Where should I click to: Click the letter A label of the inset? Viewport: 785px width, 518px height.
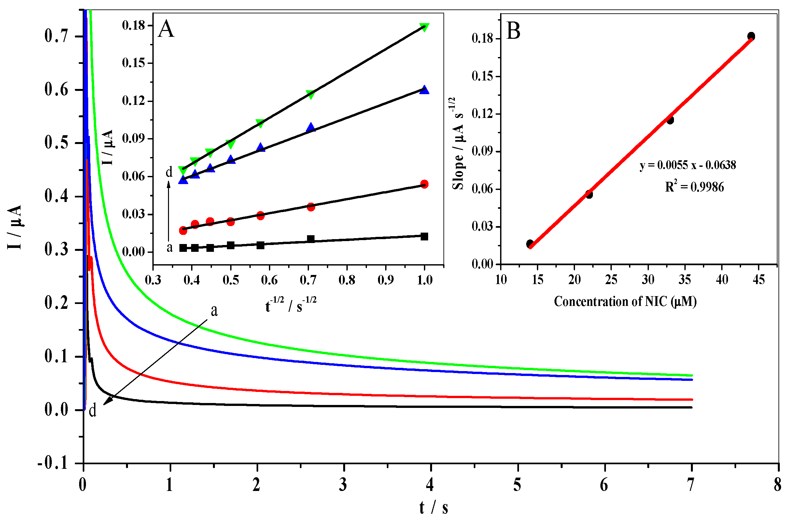point(166,29)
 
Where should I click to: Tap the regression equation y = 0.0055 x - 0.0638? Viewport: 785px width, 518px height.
point(688,165)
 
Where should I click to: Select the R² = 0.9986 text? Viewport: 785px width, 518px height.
point(694,187)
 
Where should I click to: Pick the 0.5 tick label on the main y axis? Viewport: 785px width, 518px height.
point(56,143)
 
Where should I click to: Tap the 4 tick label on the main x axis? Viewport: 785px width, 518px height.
point(429,485)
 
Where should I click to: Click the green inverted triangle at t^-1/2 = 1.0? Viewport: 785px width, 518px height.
point(424,27)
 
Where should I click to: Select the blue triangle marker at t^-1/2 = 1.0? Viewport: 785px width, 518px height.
point(424,90)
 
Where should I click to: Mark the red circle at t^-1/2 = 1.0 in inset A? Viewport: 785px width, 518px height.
point(425,184)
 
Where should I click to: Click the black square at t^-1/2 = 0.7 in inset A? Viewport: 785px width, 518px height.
point(311,238)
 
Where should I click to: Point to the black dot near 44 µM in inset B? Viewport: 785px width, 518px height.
point(751,36)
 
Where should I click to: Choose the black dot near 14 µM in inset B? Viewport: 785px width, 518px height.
point(530,244)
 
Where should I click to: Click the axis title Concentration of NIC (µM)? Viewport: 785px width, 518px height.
point(625,302)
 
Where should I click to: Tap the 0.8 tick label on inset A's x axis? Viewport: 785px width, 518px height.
point(347,280)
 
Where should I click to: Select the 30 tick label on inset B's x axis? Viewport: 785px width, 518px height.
point(648,280)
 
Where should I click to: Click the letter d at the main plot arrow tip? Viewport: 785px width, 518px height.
point(93,411)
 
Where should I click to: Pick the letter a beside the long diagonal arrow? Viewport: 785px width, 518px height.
point(214,311)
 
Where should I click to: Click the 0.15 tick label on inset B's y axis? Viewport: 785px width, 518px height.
point(482,76)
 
